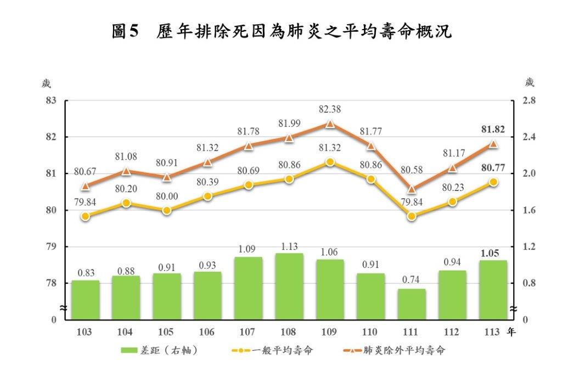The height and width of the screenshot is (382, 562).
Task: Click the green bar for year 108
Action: tap(289, 286)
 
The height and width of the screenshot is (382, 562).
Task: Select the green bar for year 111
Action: tap(412, 304)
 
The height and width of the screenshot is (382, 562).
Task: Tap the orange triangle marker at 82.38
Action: tap(330, 124)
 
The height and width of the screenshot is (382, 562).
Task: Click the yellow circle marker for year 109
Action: tap(330, 162)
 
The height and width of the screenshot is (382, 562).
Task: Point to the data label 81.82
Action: tap(493, 130)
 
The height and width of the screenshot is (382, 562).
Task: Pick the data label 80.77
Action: tap(493, 168)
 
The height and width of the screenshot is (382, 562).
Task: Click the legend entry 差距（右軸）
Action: tap(159, 351)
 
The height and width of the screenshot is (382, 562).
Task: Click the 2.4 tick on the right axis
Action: tap(528, 137)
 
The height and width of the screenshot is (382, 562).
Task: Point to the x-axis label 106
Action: tap(207, 332)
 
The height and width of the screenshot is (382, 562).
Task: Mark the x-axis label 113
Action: tap(493, 332)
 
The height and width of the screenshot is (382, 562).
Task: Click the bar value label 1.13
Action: tap(289, 246)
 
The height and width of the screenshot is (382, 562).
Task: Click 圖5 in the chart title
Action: tap(127, 31)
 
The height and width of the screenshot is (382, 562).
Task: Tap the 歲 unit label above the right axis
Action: tap(529, 83)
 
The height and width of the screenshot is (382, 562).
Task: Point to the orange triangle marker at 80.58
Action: tap(412, 189)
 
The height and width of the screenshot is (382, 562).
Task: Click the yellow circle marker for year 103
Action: tap(85, 216)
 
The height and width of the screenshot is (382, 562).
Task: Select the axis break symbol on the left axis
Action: tap(64, 310)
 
